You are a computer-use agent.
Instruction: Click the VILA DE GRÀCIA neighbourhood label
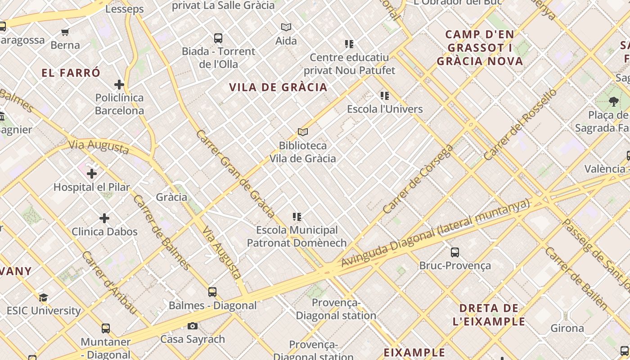point(278,87)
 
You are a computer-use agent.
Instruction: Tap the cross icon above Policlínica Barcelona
point(119,85)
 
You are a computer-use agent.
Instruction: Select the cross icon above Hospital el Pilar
point(92,174)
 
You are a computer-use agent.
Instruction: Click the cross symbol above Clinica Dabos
point(104,218)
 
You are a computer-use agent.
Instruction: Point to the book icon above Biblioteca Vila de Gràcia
point(303,132)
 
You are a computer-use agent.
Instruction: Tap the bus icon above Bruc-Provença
point(455,252)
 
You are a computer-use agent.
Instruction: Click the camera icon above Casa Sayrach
point(193,326)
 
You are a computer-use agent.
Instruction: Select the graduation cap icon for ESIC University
point(43,297)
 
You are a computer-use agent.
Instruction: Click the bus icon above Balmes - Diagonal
point(212,292)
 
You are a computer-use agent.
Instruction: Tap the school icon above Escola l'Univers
point(385,96)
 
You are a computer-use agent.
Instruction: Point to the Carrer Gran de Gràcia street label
point(235,174)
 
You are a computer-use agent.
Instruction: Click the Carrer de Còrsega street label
point(418,179)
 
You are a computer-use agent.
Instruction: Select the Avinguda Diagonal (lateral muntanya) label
point(435,234)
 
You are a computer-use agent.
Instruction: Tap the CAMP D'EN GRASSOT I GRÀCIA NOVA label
point(480,48)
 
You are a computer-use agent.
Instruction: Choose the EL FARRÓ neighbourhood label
point(71,73)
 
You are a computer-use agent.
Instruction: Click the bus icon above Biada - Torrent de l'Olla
point(218,38)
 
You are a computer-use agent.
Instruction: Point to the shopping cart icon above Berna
point(65,32)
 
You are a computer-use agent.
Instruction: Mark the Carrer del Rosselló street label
point(520,125)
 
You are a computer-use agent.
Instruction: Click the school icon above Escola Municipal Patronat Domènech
point(297,217)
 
